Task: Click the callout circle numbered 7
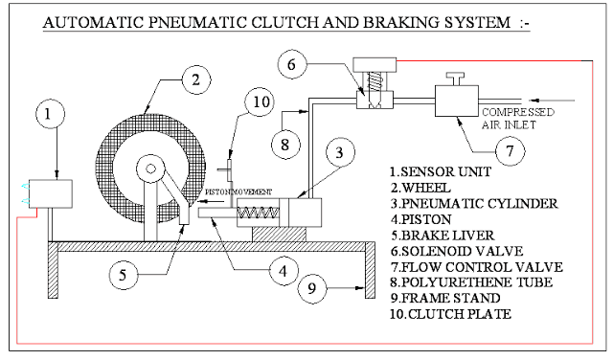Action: (x=510, y=151)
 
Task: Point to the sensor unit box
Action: (x=51, y=193)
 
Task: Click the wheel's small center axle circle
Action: (x=150, y=169)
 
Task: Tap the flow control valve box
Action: (x=457, y=101)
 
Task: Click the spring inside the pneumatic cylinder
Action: (x=258, y=213)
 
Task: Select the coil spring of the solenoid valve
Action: (x=375, y=81)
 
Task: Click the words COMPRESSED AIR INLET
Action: (x=518, y=119)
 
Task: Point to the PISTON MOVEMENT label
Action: (x=238, y=191)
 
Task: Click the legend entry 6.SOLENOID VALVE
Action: (x=457, y=251)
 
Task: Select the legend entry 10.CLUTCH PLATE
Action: (x=450, y=314)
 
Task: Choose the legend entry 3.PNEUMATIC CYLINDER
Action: (x=474, y=204)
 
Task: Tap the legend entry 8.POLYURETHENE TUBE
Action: (x=471, y=282)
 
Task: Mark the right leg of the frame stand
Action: (x=370, y=270)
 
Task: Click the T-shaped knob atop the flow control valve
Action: (x=456, y=79)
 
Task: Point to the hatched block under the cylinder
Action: (x=279, y=235)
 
